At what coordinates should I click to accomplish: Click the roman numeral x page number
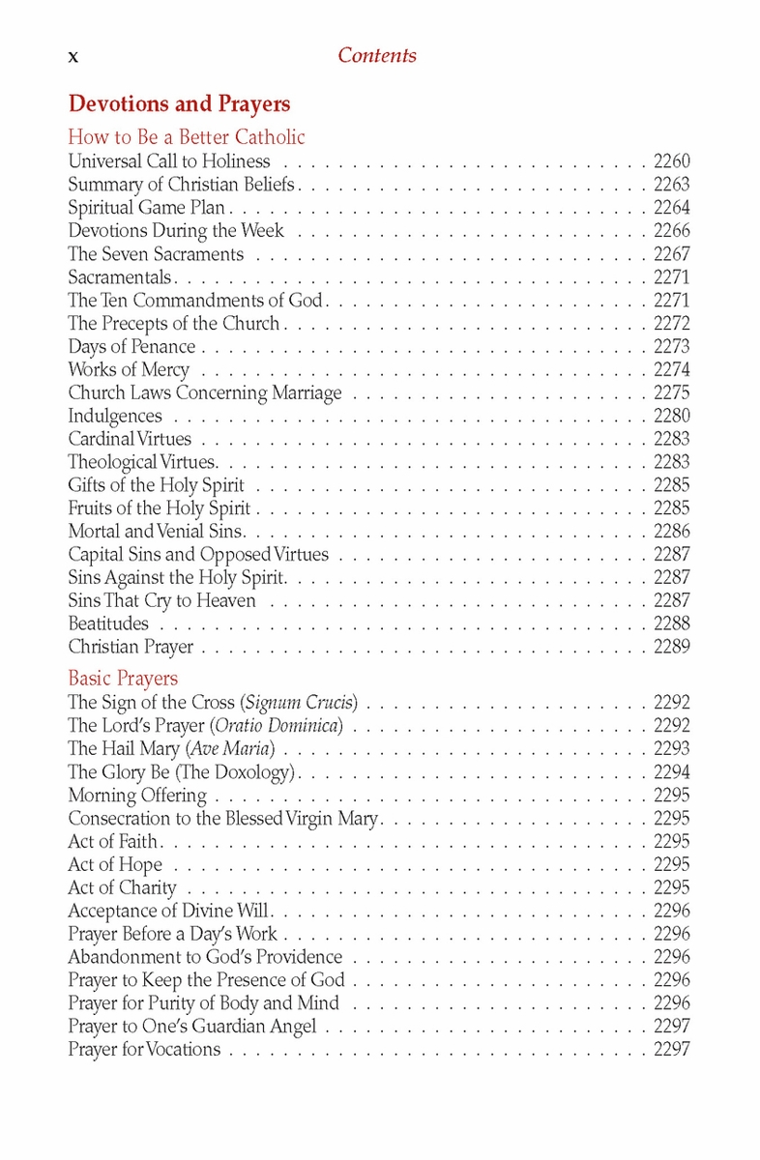[73, 57]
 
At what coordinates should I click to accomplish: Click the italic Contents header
[377, 56]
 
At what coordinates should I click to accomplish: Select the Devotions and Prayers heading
[179, 103]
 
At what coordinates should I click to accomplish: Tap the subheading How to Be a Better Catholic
[187, 137]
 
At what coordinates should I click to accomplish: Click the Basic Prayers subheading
[123, 679]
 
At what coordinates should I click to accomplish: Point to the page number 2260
[671, 161]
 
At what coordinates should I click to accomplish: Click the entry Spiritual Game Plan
[146, 208]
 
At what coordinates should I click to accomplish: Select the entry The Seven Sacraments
[156, 254]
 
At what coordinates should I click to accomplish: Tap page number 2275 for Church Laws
[671, 393]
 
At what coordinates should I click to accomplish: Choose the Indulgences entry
[115, 417]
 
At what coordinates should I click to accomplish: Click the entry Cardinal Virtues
[130, 440]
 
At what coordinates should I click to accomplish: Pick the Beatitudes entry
[108, 624]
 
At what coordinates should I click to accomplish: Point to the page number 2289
[671, 648]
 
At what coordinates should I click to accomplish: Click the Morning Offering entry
[137, 796]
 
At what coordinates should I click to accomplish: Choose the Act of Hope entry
[115, 865]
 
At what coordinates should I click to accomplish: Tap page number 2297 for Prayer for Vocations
[671, 1050]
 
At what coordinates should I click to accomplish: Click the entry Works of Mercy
[129, 370]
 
